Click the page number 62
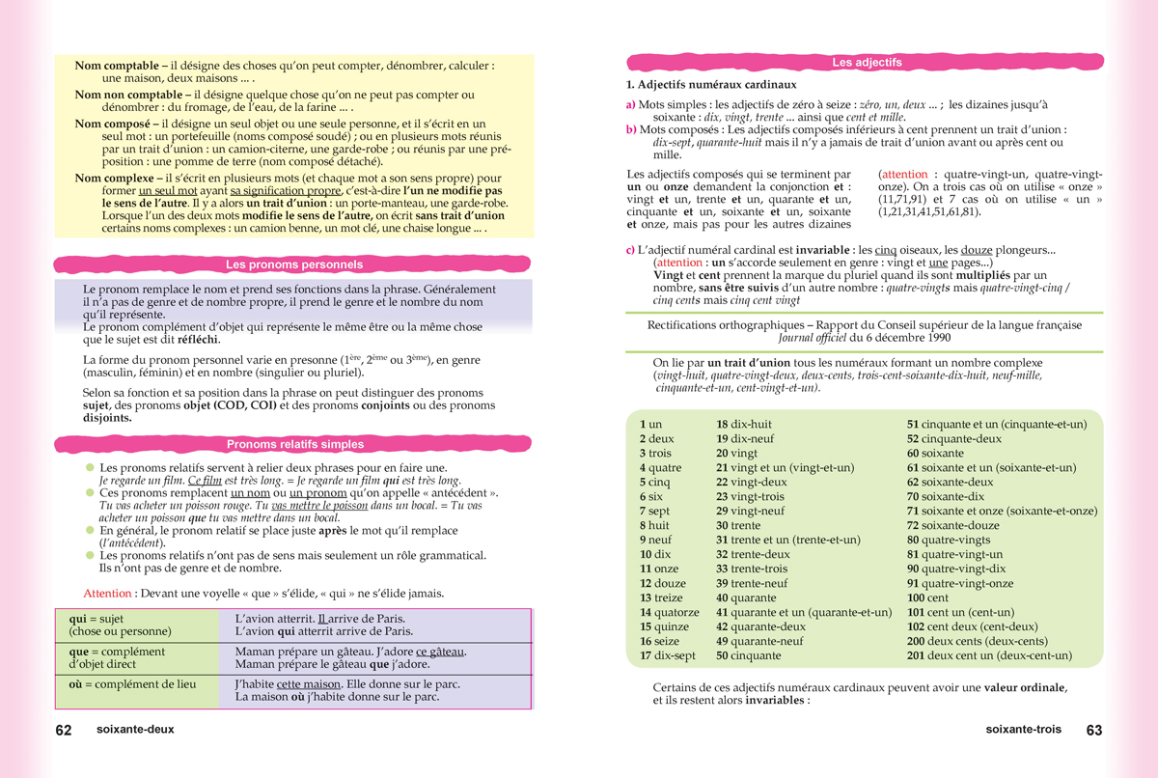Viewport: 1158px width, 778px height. tap(64, 731)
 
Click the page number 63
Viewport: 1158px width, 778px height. tap(1093, 731)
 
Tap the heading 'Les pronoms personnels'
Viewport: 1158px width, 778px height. tap(294, 264)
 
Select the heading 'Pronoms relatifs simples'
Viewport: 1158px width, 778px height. tap(294, 445)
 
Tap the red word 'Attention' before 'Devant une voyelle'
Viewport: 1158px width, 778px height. tap(107, 594)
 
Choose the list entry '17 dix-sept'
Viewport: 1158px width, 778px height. tap(667, 655)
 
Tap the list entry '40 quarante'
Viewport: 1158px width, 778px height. tap(747, 597)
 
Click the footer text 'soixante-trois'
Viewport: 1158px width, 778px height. tap(1023, 731)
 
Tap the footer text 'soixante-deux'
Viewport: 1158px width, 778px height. tap(135, 731)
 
